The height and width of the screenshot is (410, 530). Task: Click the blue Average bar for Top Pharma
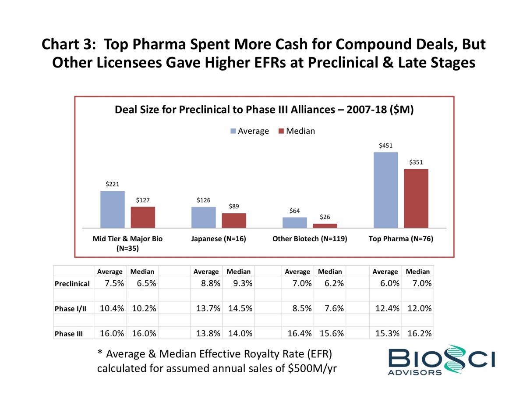click(x=385, y=190)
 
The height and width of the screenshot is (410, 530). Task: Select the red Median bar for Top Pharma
click(x=416, y=198)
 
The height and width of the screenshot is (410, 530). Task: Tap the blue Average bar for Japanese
click(x=204, y=217)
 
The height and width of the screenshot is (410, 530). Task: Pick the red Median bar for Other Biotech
click(x=325, y=225)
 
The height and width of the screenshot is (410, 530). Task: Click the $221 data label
click(x=112, y=184)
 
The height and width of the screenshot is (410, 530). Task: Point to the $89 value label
click(x=233, y=206)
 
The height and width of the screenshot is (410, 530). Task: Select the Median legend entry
click(x=296, y=131)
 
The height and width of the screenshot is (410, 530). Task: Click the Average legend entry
click(x=249, y=131)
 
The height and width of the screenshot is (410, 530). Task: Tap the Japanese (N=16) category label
click(x=219, y=239)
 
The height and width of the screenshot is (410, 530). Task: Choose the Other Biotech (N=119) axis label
click(x=309, y=239)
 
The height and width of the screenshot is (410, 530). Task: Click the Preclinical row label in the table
click(x=72, y=284)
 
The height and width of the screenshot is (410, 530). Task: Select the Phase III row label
click(x=69, y=334)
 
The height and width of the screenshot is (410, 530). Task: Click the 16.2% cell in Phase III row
click(x=419, y=333)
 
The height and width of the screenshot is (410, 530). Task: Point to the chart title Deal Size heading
click(x=264, y=110)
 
